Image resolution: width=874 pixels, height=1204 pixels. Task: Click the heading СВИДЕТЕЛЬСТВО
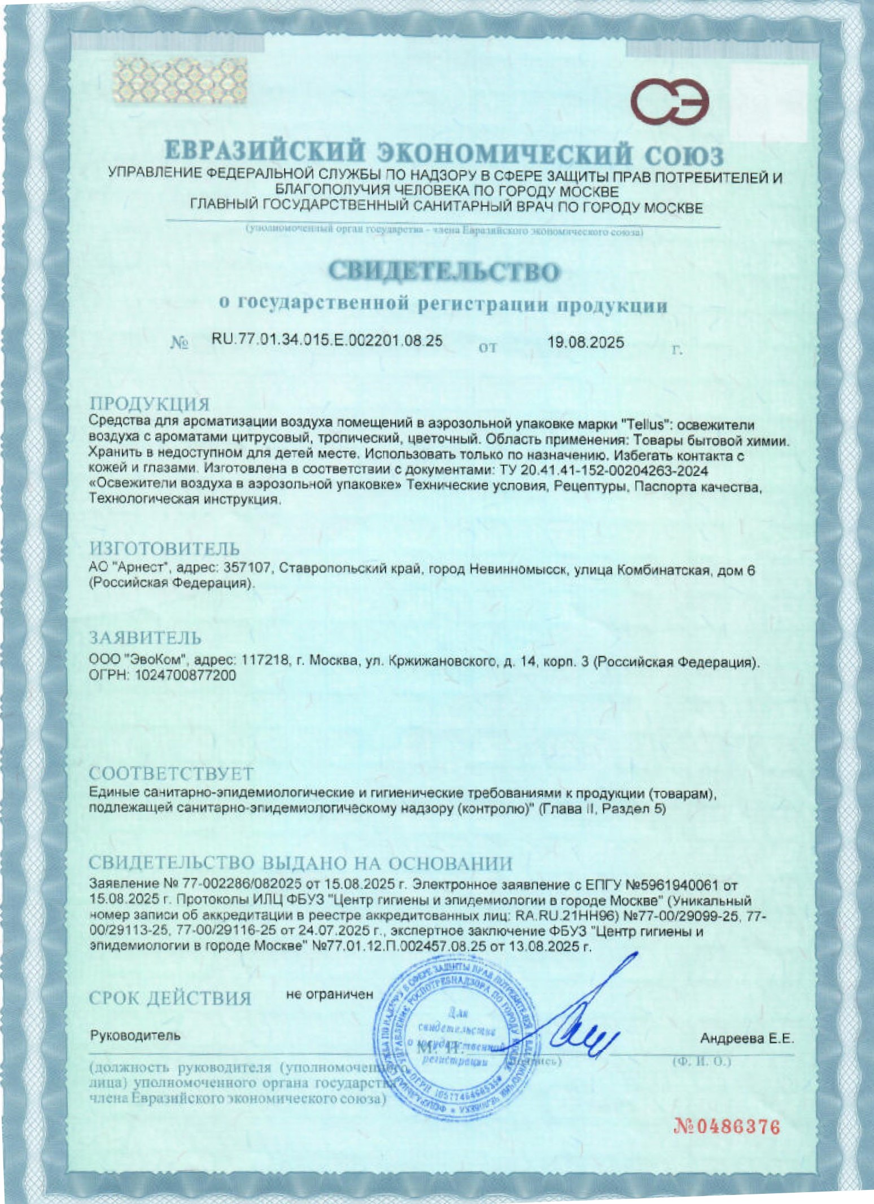[444, 272]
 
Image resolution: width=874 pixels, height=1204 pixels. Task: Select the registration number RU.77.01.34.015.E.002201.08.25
[327, 340]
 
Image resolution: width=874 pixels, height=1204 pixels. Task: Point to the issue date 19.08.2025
[586, 342]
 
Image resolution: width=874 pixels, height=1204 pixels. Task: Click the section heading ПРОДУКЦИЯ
[150, 404]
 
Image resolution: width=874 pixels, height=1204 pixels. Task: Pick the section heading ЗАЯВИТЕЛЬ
[146, 638]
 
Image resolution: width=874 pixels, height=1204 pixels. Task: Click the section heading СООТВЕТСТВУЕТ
[172, 773]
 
